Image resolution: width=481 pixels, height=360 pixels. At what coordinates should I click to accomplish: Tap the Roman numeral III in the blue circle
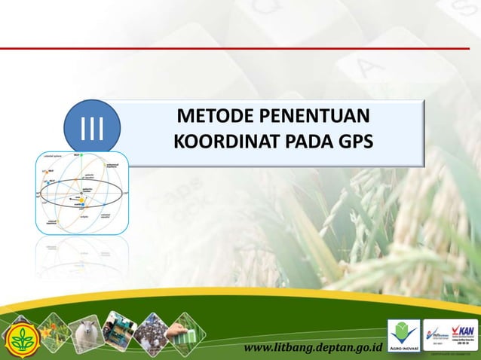91,126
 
